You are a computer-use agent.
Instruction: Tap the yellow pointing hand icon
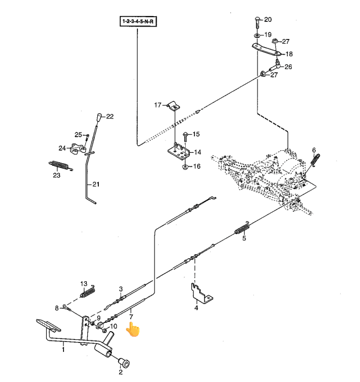[133, 329]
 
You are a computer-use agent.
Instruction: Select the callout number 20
[268, 20]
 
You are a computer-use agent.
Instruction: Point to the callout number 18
[289, 54]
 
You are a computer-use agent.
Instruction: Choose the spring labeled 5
[241, 229]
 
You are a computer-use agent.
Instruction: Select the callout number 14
[197, 152]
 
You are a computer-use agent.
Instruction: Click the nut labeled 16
[185, 166]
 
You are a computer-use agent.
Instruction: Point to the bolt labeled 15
[185, 136]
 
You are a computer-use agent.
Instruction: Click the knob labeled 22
[98, 116]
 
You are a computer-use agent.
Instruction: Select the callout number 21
[96, 185]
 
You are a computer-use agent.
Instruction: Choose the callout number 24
[62, 148]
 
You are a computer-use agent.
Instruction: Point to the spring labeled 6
[315, 160]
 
